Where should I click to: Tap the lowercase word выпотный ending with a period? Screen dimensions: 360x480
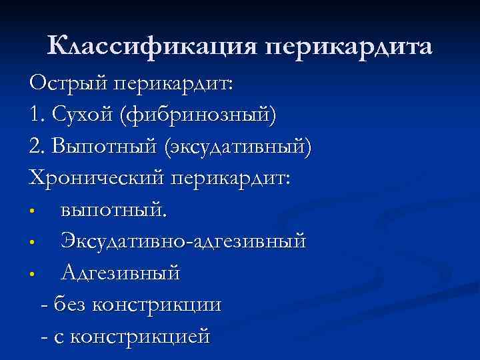115,211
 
